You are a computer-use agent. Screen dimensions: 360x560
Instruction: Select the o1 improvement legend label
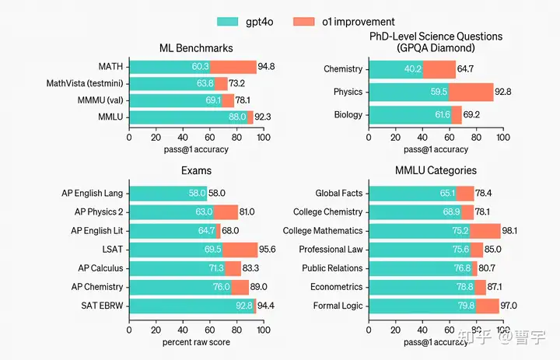359,22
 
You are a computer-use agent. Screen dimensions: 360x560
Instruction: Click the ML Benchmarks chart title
196,48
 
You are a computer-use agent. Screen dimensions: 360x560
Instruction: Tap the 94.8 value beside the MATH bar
266,67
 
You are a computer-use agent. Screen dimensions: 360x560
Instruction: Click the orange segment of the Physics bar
471,92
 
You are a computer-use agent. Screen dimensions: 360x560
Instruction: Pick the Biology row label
348,114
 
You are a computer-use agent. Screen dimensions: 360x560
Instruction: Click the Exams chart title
196,170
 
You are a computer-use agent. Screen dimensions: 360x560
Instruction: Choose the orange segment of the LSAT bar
240,250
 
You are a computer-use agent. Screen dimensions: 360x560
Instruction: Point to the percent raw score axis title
196,342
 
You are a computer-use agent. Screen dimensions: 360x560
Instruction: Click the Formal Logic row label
338,306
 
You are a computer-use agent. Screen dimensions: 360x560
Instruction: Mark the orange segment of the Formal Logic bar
488,306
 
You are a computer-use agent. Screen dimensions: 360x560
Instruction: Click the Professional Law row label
331,250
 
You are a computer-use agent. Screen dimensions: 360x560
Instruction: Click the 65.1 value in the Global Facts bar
447,194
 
